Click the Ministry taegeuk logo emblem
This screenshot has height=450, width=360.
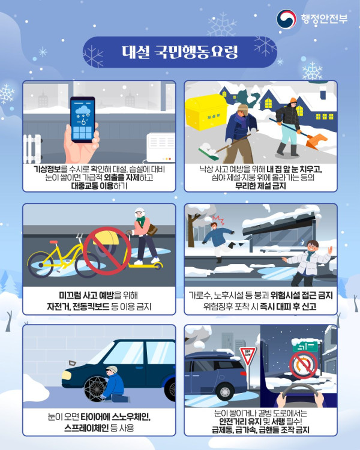point(286,19)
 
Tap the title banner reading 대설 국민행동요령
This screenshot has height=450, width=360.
point(180,52)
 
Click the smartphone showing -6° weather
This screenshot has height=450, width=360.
point(83,119)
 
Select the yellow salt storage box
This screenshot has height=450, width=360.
point(206,112)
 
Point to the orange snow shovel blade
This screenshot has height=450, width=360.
point(317,141)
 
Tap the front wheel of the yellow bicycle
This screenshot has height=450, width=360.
point(40,265)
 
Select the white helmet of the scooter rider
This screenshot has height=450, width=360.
point(140,212)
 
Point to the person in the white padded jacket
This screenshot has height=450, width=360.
point(308,263)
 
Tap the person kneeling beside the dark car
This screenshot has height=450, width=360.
point(113,384)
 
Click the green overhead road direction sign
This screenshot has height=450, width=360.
point(305,346)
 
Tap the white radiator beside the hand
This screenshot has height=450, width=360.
point(32,149)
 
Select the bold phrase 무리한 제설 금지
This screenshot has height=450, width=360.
point(260,186)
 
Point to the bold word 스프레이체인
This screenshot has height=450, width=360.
point(86,428)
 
